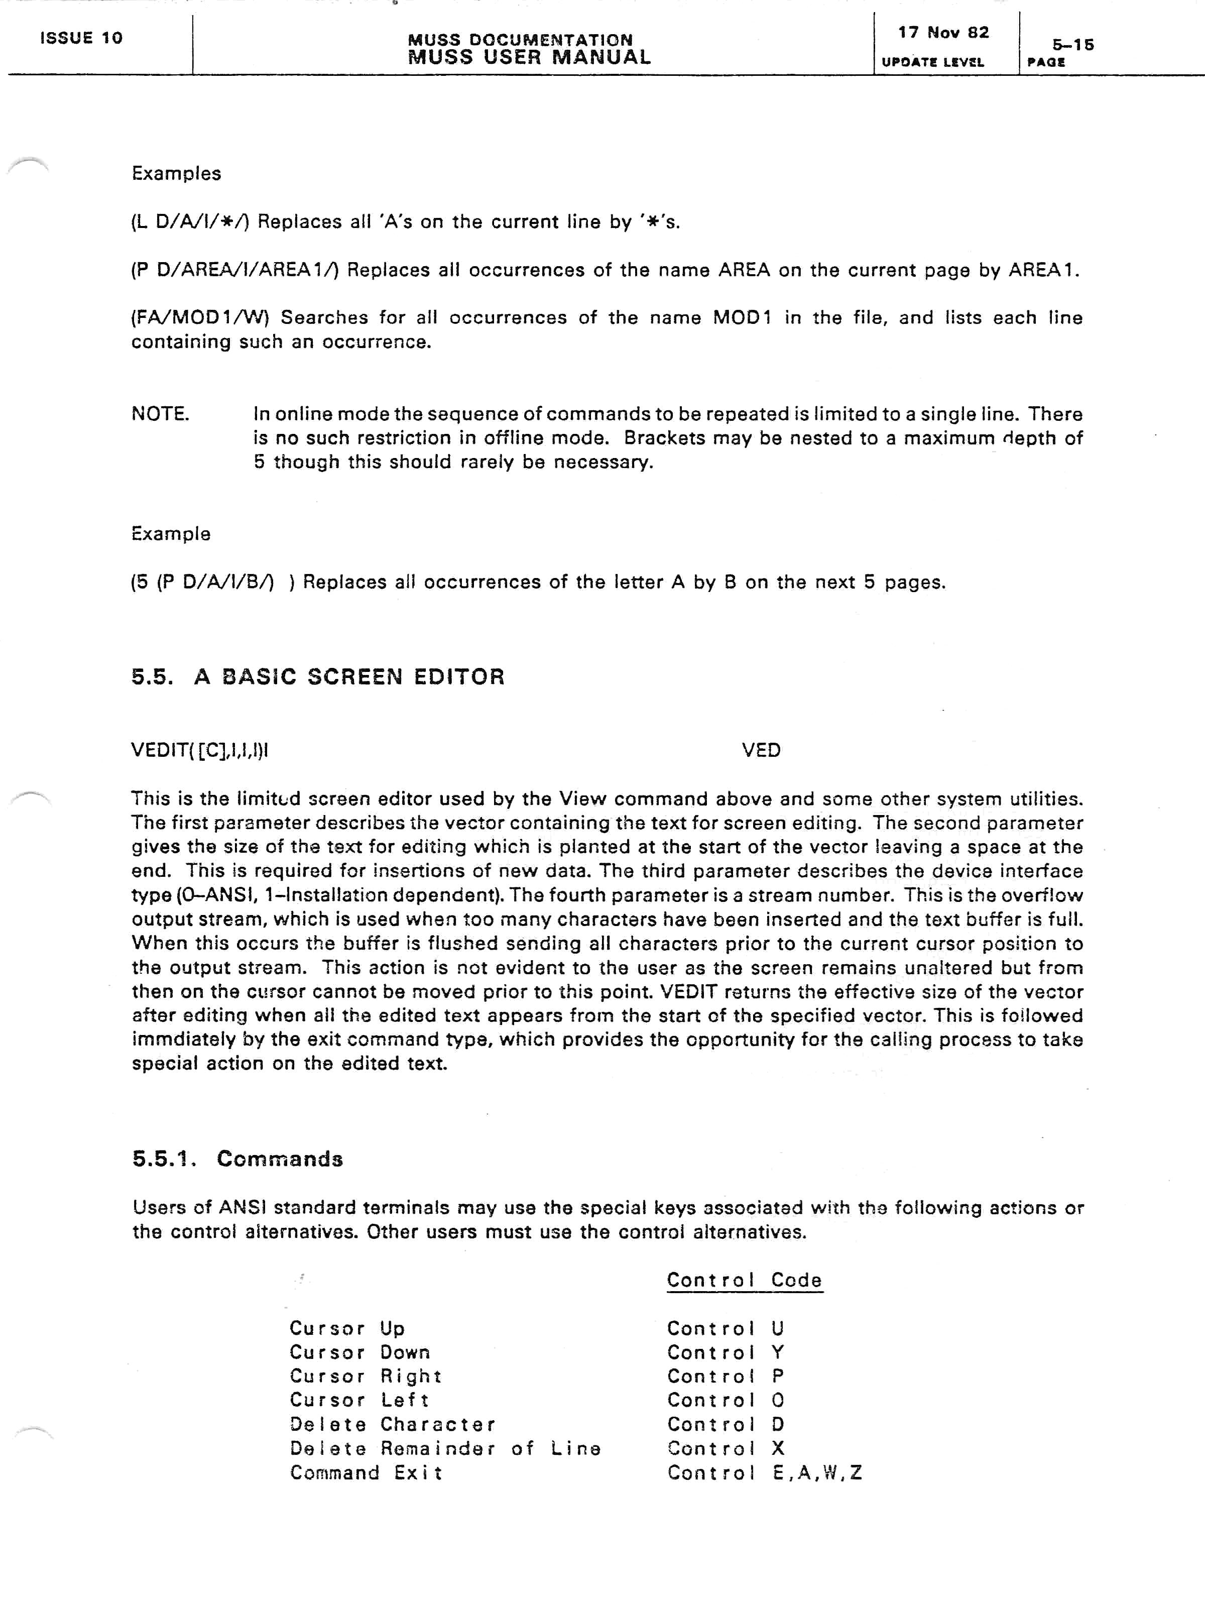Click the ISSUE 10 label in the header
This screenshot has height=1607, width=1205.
point(81,38)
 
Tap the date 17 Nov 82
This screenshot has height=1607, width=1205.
point(943,33)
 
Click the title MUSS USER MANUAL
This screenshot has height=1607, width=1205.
point(529,57)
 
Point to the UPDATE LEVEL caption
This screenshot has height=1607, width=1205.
point(933,62)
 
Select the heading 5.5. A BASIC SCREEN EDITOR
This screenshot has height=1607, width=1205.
point(317,677)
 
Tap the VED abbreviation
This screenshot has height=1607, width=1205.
point(761,750)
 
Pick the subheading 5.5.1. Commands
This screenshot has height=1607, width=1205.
point(237,1159)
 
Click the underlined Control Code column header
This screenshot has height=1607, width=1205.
point(745,1280)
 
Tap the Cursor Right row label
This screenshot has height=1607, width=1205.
point(366,1376)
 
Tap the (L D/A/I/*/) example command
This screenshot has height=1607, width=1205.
point(190,221)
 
